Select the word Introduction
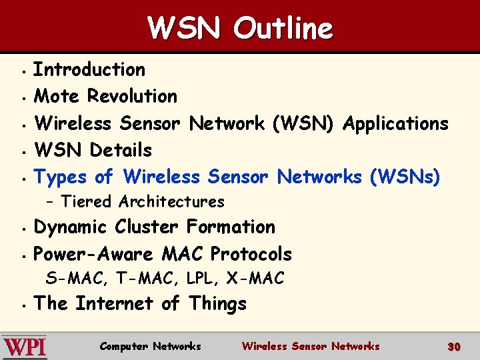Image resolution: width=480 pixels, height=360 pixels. pyautogui.click(x=89, y=69)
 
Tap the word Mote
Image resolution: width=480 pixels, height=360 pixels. pyautogui.click(x=56, y=96)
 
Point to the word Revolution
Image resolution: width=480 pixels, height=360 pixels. pyautogui.click(x=133, y=96)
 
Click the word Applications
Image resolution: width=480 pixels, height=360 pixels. pyautogui.click(x=395, y=123)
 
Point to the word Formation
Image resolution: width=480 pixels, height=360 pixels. pyautogui.click(x=231, y=227)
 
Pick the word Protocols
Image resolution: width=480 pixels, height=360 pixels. pyautogui.click(x=251, y=254)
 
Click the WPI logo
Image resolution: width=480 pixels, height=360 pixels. pyautogui.click(x=25, y=347)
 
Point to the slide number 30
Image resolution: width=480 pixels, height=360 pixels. pyautogui.click(x=454, y=347)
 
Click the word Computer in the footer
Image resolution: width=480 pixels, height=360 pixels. pyautogui.click(x=123, y=346)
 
